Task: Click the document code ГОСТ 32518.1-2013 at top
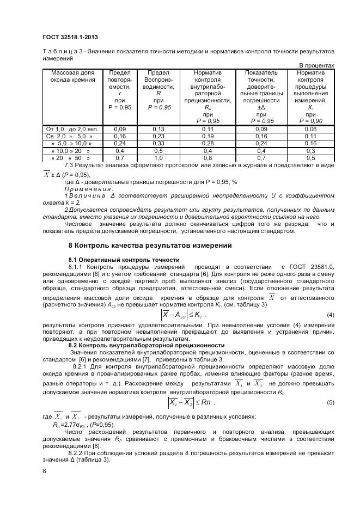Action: [70, 38]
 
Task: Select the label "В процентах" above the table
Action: [316, 65]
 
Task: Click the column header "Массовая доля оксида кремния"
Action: [72, 76]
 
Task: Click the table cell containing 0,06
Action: [310, 128]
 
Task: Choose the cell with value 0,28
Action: [208, 143]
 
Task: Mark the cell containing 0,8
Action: [208, 157]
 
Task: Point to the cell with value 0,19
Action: [208, 136]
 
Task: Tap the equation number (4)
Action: [330, 315]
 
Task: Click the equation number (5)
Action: [330, 402]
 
